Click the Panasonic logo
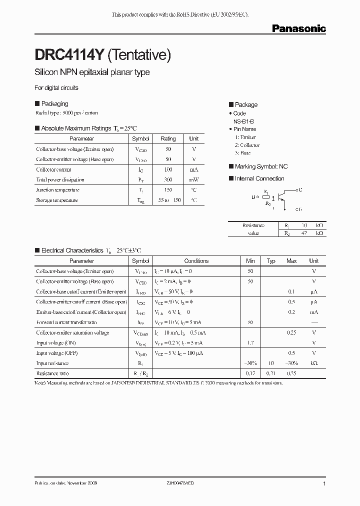(x=299, y=29)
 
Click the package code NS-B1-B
(x=243, y=121)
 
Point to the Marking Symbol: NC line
(x=261, y=166)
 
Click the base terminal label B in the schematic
(x=253, y=197)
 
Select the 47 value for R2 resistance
(x=303, y=233)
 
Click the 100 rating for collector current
(x=168, y=169)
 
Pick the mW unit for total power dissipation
(x=194, y=179)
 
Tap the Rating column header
(x=168, y=138)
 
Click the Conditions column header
(x=196, y=261)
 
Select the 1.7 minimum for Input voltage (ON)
(x=250, y=343)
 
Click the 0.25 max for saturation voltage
(x=291, y=332)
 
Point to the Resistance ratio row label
(x=52, y=373)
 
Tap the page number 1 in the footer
(x=324, y=484)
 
